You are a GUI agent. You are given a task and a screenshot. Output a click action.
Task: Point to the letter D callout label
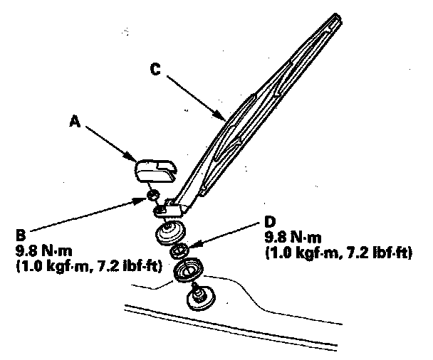tap(268, 221)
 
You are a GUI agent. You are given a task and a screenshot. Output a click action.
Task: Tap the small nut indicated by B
tap(152, 195)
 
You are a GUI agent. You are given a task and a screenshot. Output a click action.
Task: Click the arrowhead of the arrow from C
tap(225, 117)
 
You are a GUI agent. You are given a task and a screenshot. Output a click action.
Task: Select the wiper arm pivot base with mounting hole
tap(172, 208)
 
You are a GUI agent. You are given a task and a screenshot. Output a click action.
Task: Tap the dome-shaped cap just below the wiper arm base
tap(169, 232)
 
